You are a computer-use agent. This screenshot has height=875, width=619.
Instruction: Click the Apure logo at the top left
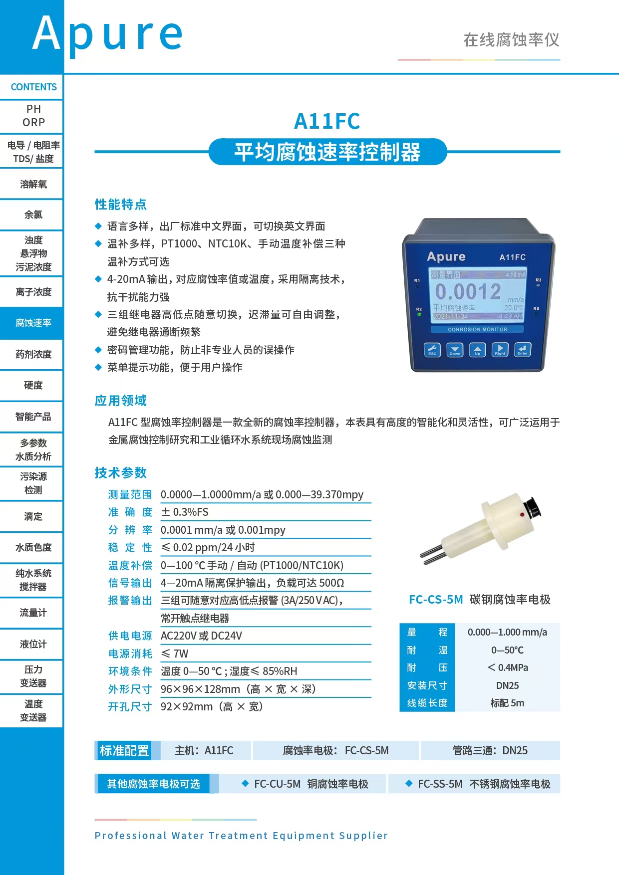pyautogui.click(x=107, y=34)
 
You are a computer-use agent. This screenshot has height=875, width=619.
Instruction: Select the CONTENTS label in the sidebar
pyautogui.click(x=33, y=87)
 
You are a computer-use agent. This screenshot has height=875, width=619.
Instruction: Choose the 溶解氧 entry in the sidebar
pyautogui.click(x=33, y=184)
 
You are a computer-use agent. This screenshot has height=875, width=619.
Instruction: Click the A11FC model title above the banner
pyautogui.click(x=327, y=121)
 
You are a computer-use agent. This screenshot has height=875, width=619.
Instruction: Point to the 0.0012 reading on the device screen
pyautogui.click(x=468, y=291)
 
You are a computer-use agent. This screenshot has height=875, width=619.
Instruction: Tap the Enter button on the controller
pyautogui.click(x=522, y=350)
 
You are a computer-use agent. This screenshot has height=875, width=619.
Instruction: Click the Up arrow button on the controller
pyautogui.click(x=477, y=350)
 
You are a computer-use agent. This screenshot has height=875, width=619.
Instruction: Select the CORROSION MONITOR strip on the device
pyautogui.click(x=477, y=329)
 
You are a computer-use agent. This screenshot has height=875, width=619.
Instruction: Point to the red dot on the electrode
pyautogui.click(x=522, y=514)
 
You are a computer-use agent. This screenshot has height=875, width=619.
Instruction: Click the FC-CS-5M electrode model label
pyautogui.click(x=436, y=599)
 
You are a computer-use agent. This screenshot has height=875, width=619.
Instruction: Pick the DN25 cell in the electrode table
pyautogui.click(x=507, y=685)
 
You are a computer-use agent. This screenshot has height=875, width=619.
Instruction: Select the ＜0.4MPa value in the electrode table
pyautogui.click(x=507, y=667)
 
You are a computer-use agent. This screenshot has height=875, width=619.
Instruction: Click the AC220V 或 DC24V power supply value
pyautogui.click(x=201, y=636)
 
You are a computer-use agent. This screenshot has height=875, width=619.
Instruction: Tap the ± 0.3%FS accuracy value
pyautogui.click(x=185, y=512)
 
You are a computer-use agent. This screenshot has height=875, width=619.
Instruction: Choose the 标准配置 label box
pyautogui.click(x=124, y=750)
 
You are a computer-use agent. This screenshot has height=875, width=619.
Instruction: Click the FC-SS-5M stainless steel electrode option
pyautogui.click(x=478, y=784)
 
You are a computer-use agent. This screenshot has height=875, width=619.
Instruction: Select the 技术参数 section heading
pyautogui.click(x=121, y=472)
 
